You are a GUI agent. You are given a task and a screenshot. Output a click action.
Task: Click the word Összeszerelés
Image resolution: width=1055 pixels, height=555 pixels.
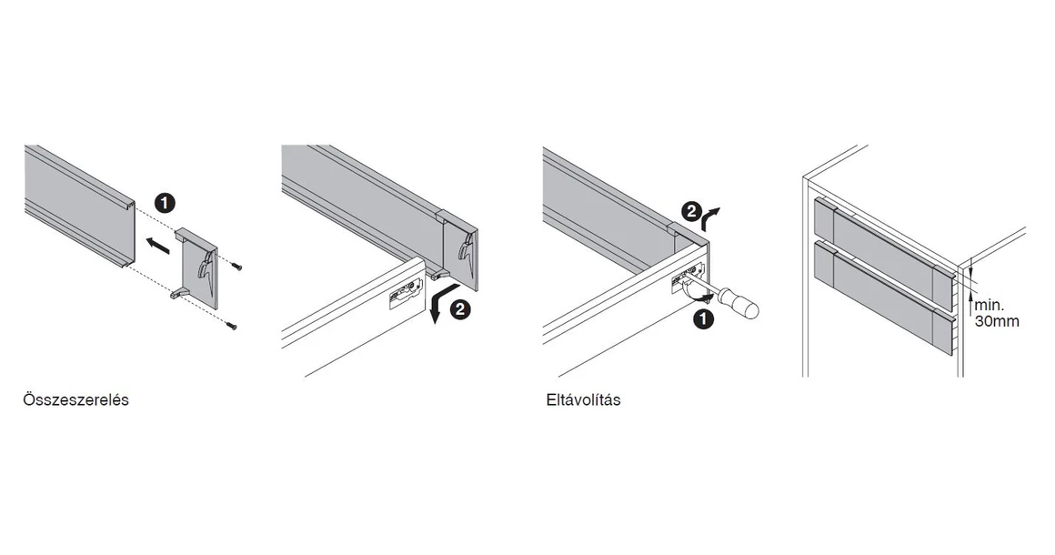(75, 400)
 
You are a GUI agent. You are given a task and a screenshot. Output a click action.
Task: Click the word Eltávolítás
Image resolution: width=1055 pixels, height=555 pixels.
(583, 400)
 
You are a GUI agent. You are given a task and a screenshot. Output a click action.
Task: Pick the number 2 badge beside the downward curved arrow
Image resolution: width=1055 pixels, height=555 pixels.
(460, 309)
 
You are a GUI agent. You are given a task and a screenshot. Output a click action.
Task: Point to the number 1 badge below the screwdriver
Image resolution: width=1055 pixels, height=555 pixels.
(701, 319)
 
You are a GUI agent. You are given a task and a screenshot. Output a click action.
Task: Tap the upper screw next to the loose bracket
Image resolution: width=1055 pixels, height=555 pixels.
(238, 267)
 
